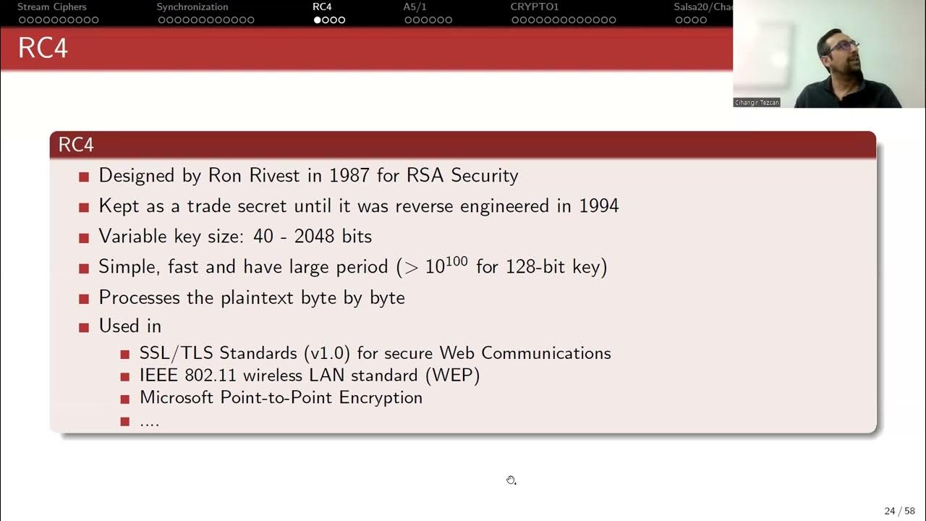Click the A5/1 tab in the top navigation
415,7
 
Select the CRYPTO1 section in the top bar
535,7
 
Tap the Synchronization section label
192,7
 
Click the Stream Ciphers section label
51,7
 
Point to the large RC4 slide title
43,48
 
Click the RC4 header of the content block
76,145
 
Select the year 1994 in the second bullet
598,206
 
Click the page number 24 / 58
899,511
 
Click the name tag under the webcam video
757,103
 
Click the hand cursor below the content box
511,480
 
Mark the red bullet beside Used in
84,327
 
